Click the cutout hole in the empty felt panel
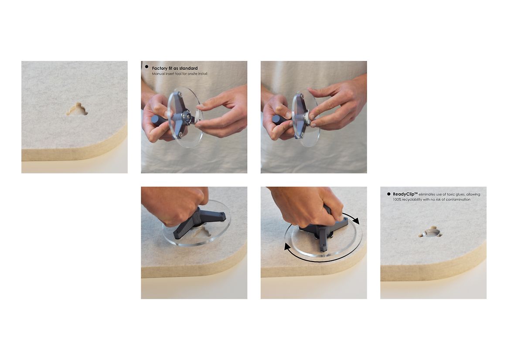[77, 109]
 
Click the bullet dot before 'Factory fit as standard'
[147, 67]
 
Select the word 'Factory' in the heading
[160, 68]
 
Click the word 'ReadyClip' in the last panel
[403, 194]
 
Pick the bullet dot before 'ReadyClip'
[389, 194]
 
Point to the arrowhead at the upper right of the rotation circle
[356, 221]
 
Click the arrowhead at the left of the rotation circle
[287, 247]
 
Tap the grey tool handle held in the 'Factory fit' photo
[159, 120]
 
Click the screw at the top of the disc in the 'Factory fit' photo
[181, 94]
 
